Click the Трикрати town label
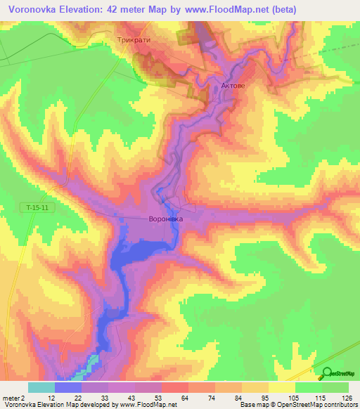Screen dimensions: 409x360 tap(136, 41)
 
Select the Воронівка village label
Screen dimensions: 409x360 tap(166, 219)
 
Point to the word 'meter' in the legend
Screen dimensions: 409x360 tap(11, 398)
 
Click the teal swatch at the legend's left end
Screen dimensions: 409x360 tap(41, 387)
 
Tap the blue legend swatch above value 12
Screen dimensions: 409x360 tap(67, 387)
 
